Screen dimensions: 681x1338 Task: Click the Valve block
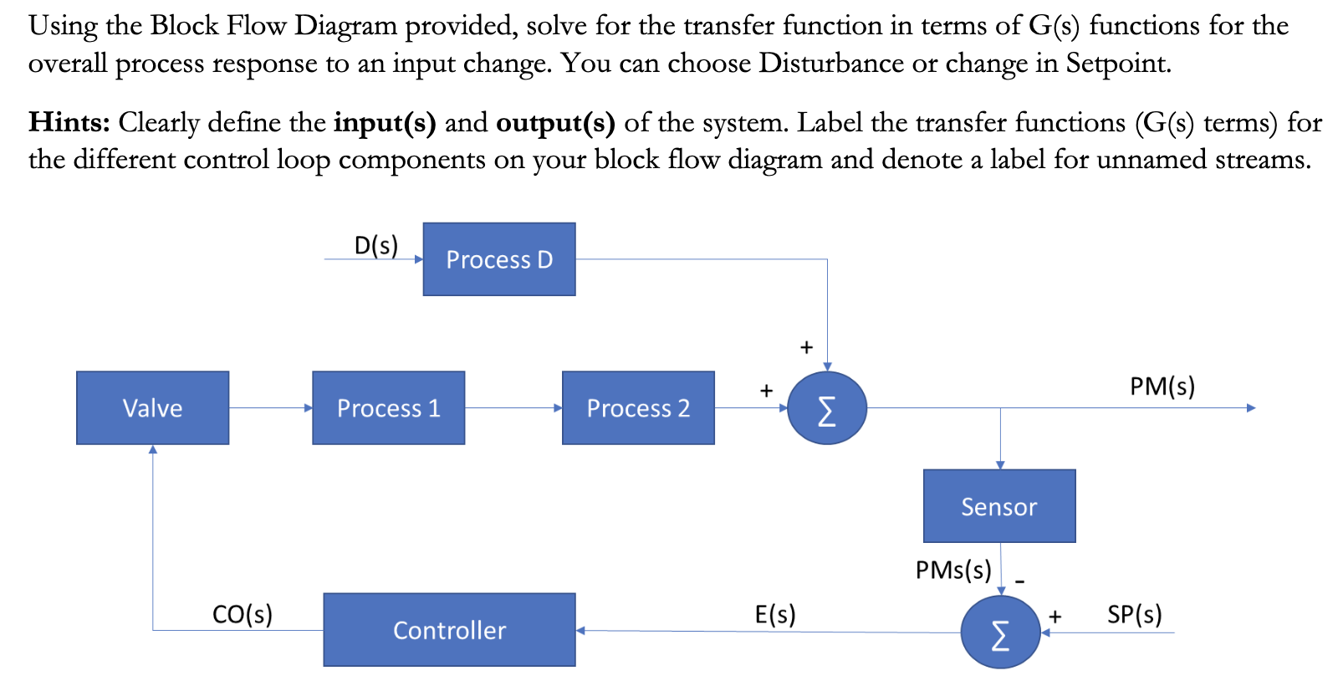(152, 407)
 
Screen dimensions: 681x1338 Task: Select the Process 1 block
(388, 407)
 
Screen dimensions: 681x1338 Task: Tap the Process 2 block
(638, 407)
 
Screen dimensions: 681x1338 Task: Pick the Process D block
(499, 259)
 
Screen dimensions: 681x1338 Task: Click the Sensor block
(999, 506)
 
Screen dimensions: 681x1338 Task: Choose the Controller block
(449, 630)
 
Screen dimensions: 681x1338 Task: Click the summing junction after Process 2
(826, 408)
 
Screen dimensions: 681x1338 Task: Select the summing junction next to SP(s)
(1000, 632)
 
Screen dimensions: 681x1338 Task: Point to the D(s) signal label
(375, 245)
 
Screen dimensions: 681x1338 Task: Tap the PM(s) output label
(1162, 386)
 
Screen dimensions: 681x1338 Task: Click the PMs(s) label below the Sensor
(952, 570)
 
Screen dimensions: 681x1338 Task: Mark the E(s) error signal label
(775, 614)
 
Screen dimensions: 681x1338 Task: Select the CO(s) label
(242, 614)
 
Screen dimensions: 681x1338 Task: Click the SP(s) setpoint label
(1134, 614)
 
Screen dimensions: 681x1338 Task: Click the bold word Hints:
(69, 122)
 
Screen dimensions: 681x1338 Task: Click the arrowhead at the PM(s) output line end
(1251, 407)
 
